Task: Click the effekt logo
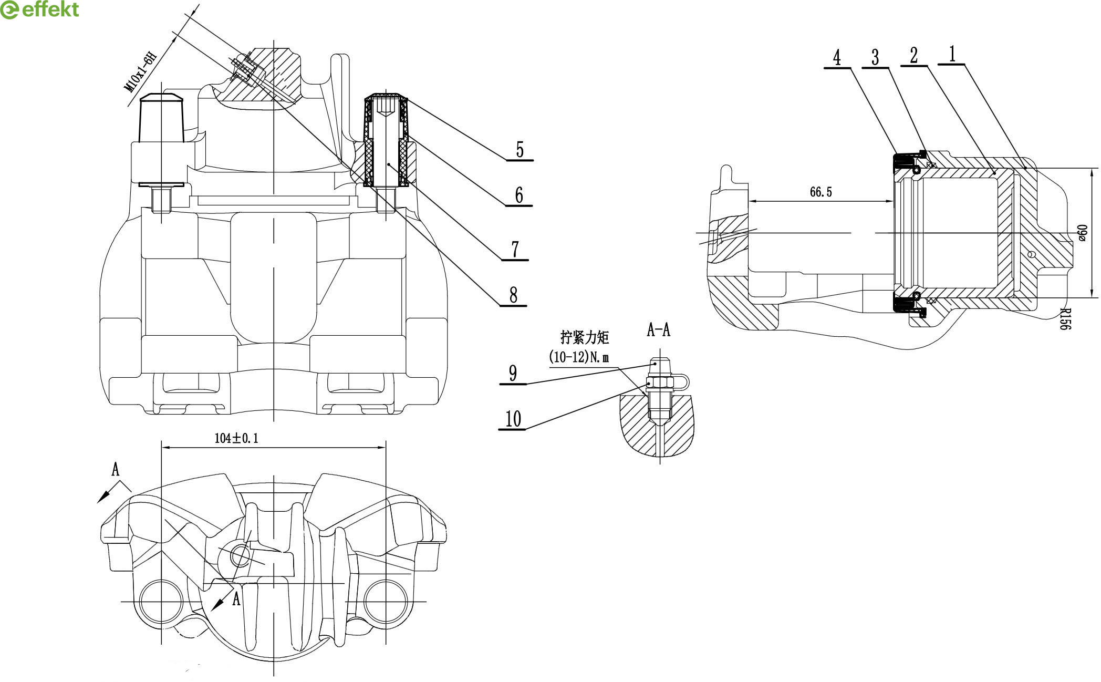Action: click(40, 10)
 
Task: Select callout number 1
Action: click(952, 54)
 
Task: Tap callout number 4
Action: click(837, 57)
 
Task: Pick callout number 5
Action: click(520, 149)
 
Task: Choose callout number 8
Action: click(513, 295)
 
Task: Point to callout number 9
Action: click(513, 373)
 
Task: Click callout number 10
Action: click(513, 419)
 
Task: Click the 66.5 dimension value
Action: click(820, 192)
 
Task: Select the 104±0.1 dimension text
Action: click(236, 438)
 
